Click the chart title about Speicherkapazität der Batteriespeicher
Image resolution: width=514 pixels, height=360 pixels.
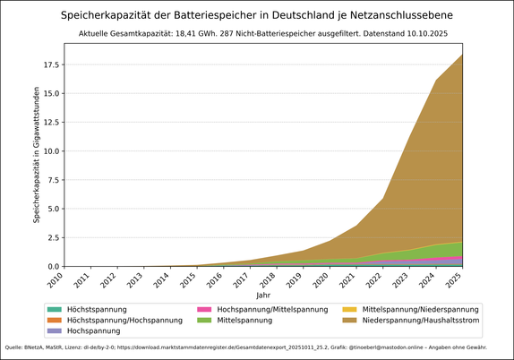pyautogui.click(x=256, y=15)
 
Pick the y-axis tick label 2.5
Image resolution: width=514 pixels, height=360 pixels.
pyautogui.click(x=52, y=237)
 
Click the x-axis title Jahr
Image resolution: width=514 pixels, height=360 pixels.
pyautogui.click(x=262, y=295)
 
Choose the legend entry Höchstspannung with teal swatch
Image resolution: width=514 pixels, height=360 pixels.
pyautogui.click(x=97, y=309)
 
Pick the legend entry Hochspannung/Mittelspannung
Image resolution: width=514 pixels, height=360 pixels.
pyautogui.click(x=273, y=309)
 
